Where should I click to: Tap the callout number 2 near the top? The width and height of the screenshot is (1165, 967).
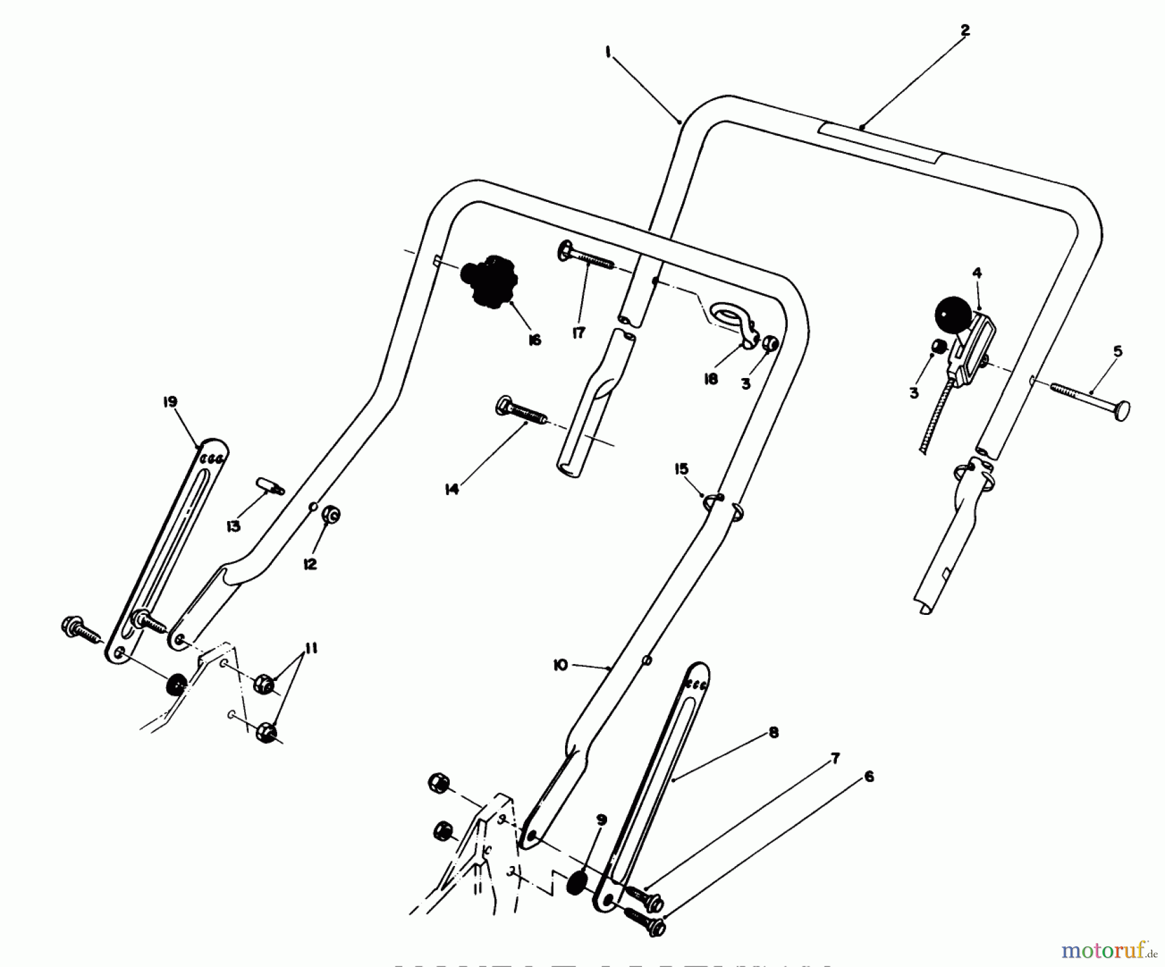pos(964,30)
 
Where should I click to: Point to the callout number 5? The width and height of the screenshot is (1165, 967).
pos(1117,351)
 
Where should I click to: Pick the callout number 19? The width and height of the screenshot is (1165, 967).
pos(170,403)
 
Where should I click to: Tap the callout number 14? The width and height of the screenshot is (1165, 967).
pos(452,490)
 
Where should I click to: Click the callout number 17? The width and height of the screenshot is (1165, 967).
pos(578,333)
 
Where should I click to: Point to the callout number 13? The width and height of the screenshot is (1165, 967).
pos(233,526)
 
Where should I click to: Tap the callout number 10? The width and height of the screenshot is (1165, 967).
pos(560,665)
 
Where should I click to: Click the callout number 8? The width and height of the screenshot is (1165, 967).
pos(773,733)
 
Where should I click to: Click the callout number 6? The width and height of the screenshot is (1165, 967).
pos(869,776)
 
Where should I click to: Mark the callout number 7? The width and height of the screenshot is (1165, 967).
pos(835,759)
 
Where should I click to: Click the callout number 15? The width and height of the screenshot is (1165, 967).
pos(682,469)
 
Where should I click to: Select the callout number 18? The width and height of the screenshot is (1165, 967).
pos(711,379)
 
